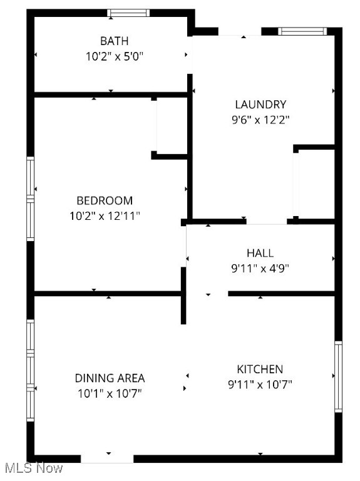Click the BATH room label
point(115,41)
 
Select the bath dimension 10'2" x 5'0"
point(115,56)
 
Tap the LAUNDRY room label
point(260,105)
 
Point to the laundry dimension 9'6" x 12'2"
point(260,119)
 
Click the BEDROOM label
point(105,201)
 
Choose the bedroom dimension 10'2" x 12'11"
point(105,216)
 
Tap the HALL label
point(260,253)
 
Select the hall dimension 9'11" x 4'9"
point(260,268)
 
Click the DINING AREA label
point(110,378)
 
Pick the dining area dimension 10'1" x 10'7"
point(110,393)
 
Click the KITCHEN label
point(260,370)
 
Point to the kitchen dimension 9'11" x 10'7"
point(260,384)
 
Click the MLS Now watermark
point(33,468)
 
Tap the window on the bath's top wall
point(128,13)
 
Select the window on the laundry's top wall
point(302,31)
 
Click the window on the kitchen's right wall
point(339,376)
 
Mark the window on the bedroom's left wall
point(29,198)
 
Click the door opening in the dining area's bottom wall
point(108,458)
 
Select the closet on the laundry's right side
point(315,184)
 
